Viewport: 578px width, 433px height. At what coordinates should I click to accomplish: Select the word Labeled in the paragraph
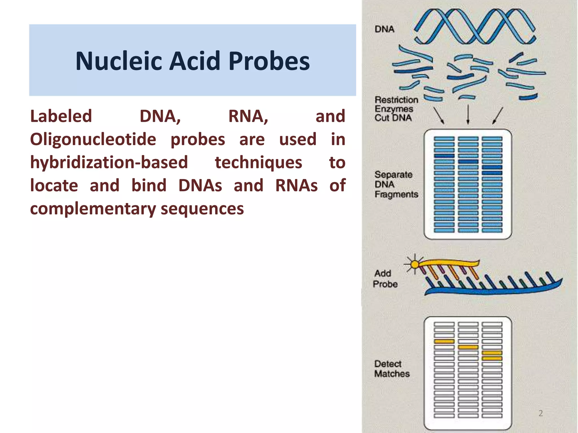coord(61,116)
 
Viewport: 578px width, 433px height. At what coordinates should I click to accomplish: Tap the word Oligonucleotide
coord(93,140)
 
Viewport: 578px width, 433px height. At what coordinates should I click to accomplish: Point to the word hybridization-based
coord(109,163)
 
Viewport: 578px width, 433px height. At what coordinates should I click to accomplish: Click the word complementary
coord(93,209)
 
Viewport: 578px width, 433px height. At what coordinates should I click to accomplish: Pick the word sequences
coord(202,209)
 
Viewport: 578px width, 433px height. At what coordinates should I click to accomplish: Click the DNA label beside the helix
coord(384,29)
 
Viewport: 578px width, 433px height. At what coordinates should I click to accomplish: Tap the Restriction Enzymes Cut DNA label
coord(396,109)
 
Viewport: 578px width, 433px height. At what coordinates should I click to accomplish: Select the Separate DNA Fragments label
coord(396,184)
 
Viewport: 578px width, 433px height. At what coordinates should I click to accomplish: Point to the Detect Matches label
coord(391,369)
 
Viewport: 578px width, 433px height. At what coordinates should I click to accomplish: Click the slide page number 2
coord(540,413)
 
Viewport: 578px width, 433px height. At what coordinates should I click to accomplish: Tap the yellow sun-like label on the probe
coord(415,264)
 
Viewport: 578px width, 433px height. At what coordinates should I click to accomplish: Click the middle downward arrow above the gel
coord(468,114)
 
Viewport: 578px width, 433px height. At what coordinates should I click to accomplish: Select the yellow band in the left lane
coord(444,341)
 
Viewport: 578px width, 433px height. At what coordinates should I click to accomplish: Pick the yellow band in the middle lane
coord(468,347)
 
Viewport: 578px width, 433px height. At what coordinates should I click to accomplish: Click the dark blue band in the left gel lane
coord(444,156)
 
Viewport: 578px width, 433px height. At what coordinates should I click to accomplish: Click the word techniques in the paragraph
coord(258,163)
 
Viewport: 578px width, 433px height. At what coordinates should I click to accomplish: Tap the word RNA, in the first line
coord(248,116)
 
